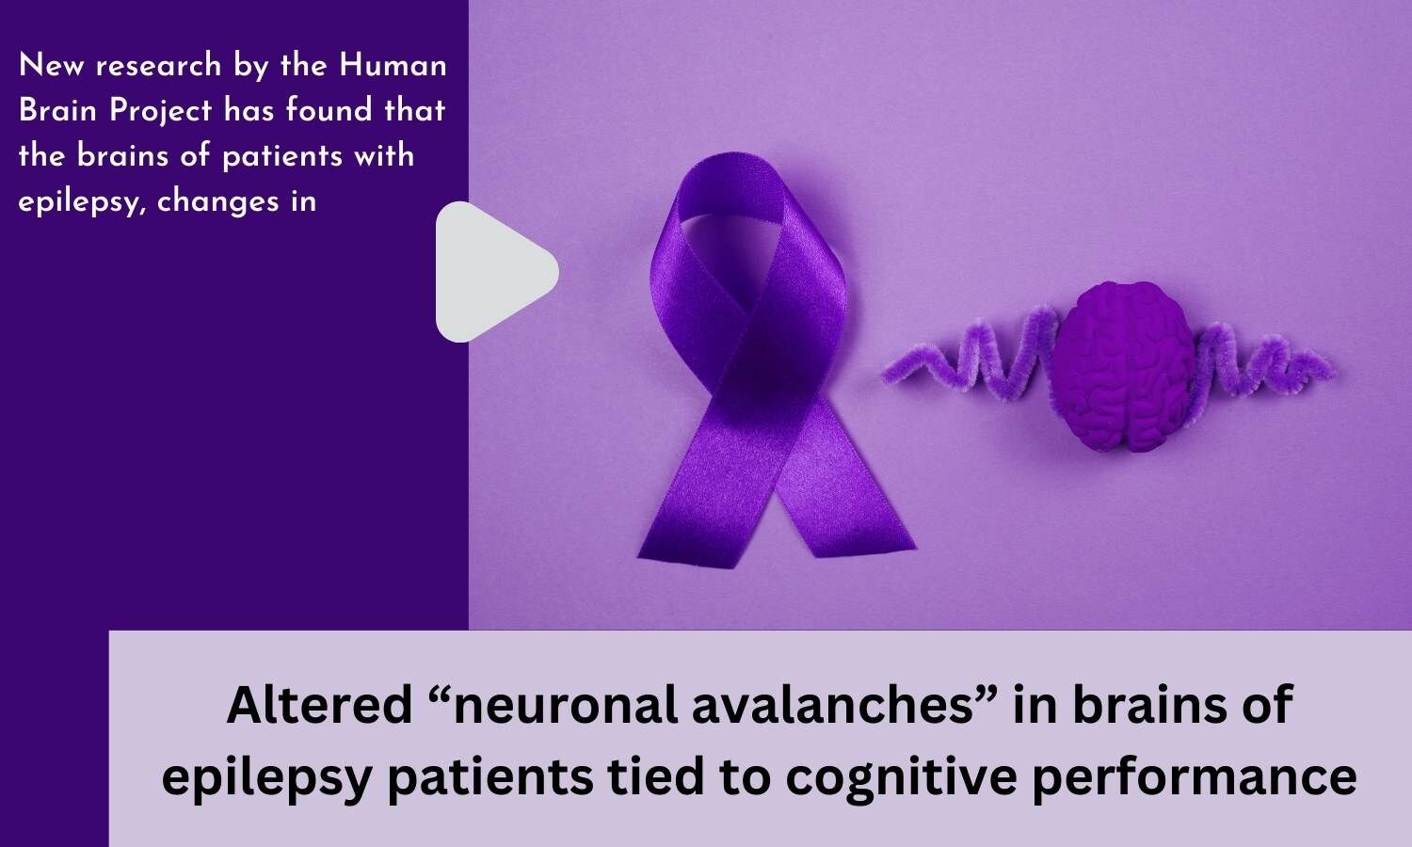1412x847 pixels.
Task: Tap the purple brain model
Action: (x=1122, y=366)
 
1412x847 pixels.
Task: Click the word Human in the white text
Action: (x=393, y=65)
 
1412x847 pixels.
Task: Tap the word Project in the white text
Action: (x=160, y=112)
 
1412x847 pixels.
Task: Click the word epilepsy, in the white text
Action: (x=80, y=203)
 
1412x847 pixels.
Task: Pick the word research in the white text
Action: (x=158, y=66)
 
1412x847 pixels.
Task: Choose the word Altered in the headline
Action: (x=320, y=705)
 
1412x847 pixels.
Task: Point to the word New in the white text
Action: (x=50, y=65)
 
